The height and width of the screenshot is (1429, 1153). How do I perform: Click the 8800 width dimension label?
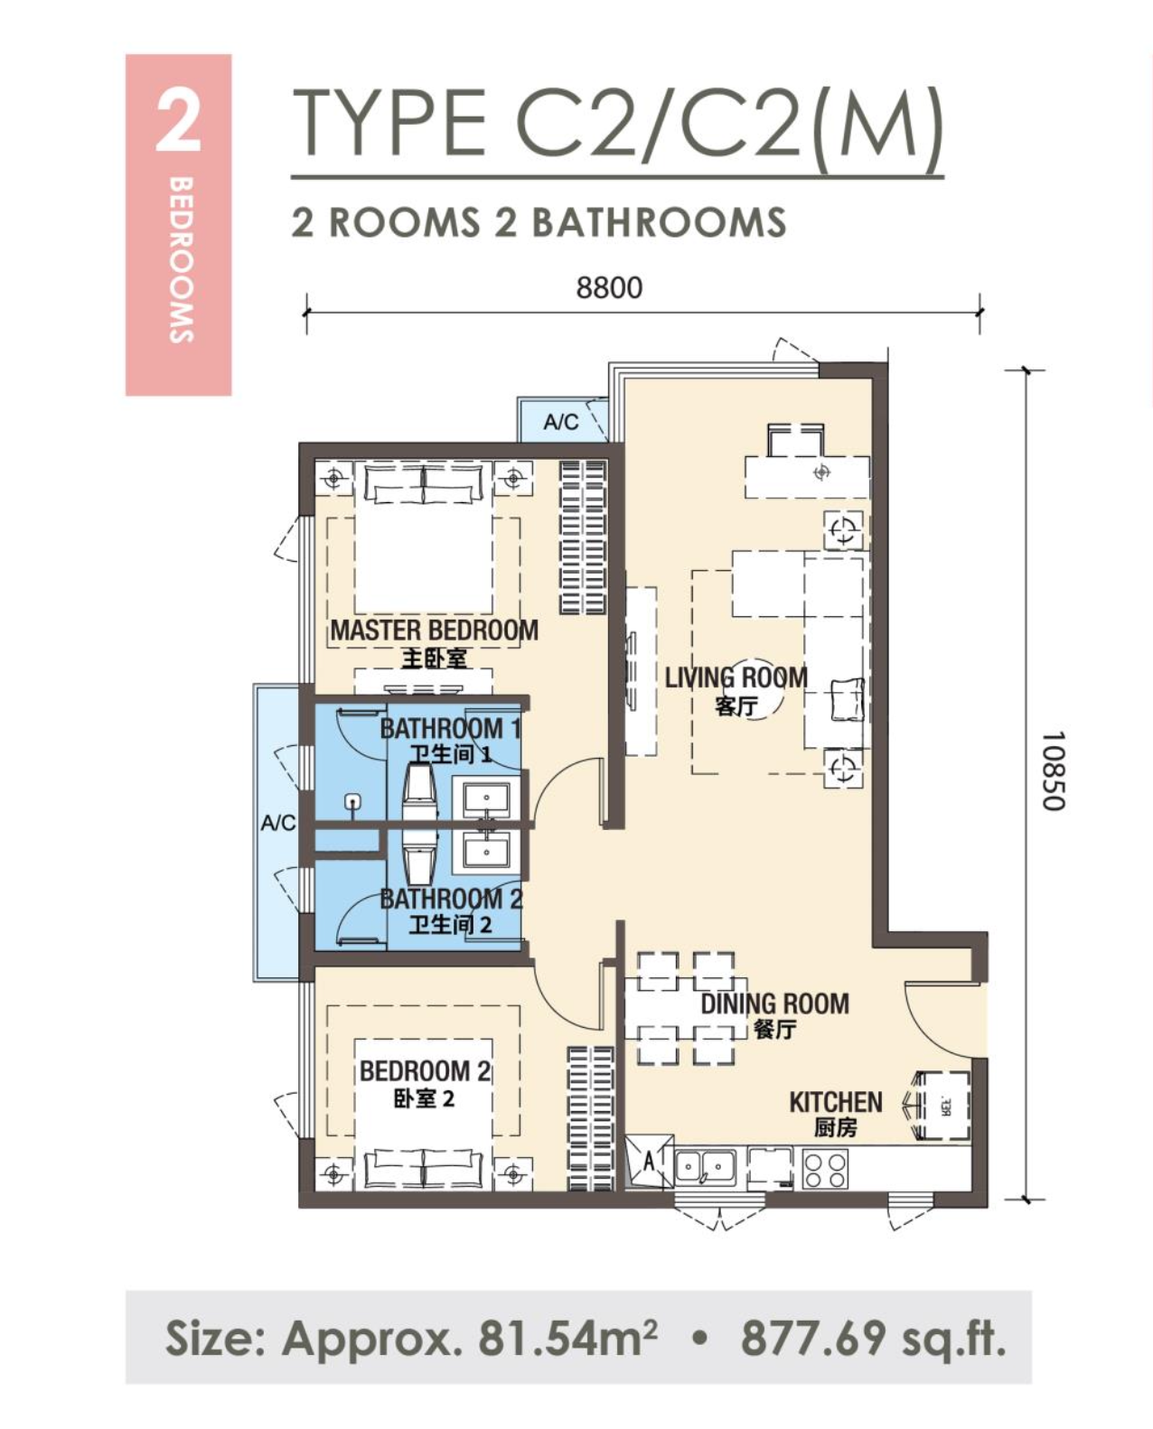point(609,287)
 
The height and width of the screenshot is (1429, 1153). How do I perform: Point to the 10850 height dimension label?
point(1053,771)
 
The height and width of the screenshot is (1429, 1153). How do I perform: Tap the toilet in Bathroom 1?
point(420,791)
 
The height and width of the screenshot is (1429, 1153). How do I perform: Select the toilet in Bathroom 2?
point(420,859)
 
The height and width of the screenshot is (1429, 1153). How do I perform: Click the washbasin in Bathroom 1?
point(487,798)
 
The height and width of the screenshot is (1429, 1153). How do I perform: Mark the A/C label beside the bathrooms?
point(277,824)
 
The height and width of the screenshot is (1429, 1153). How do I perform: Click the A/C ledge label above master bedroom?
point(561,422)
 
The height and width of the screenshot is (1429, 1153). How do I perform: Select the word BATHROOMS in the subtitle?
point(659,222)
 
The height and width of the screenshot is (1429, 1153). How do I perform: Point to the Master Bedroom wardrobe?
point(583,537)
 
